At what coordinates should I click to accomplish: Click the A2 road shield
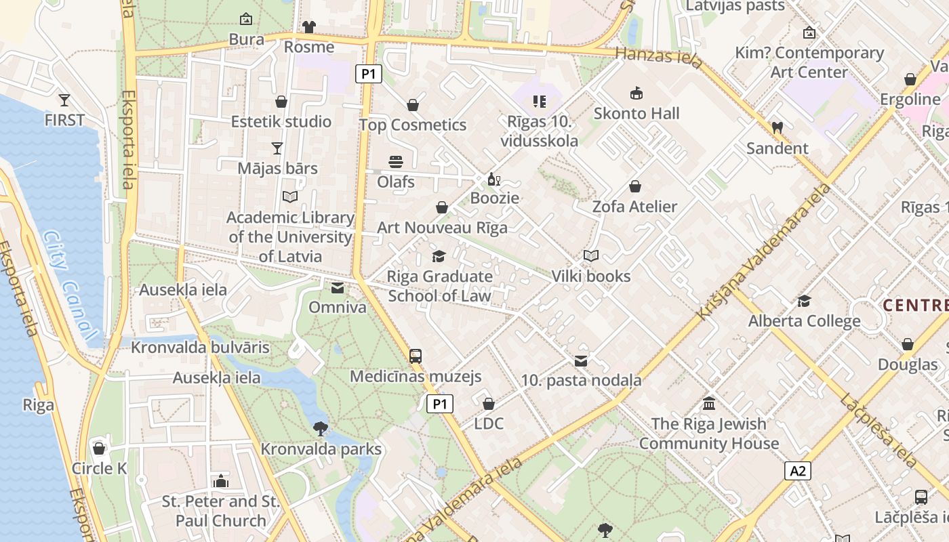[798, 471]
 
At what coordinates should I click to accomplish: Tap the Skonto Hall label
[636, 113]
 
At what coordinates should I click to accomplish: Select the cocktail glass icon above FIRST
[64, 100]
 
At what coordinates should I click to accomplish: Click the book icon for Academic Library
[290, 196]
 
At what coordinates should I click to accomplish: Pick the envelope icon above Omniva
[337, 289]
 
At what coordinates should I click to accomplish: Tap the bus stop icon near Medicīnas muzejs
[416, 356]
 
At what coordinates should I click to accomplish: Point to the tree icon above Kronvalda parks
[321, 428]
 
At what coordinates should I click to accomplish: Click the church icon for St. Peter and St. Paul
[220, 481]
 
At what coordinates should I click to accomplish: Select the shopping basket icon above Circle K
[99, 449]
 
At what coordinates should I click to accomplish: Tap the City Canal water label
[70, 285]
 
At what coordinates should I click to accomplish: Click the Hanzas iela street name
[659, 57]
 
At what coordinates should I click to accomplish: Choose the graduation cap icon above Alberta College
[804, 301]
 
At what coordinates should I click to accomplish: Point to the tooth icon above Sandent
[777, 127]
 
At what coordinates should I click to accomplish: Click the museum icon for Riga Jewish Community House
[709, 404]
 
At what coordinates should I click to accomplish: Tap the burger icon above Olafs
[396, 162]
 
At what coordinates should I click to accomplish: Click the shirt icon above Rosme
[309, 27]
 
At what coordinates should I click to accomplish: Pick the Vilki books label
[591, 276]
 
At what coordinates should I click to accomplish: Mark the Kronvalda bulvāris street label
[200, 348]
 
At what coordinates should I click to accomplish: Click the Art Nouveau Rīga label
[442, 228]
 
